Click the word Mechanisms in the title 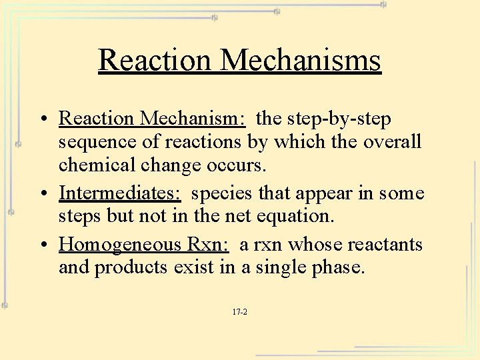[301, 60]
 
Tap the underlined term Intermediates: [120, 193]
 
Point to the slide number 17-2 [240, 311]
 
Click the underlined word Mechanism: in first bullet [193, 119]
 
